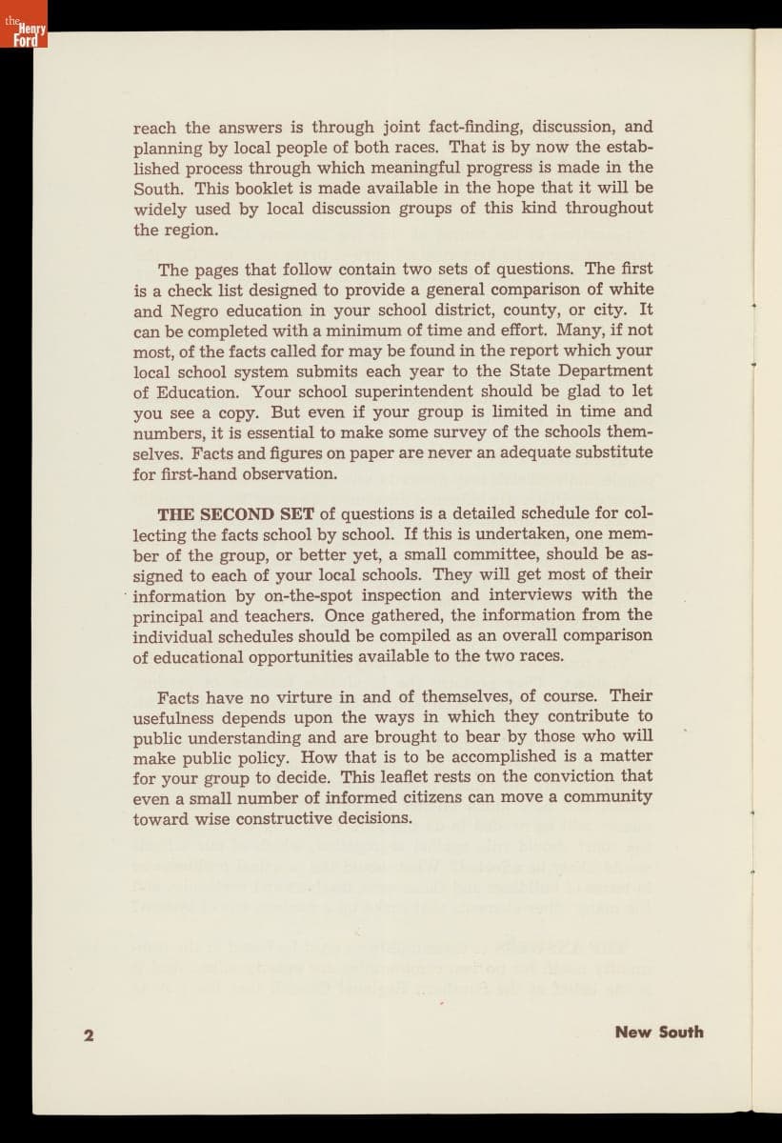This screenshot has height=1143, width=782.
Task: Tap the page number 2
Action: (x=89, y=1035)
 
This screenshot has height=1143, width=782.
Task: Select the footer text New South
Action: (x=659, y=1032)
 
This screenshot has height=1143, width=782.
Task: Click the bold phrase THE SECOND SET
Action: (x=235, y=514)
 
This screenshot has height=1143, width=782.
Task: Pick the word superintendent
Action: (x=437, y=391)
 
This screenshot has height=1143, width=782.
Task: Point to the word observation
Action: (x=292, y=473)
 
